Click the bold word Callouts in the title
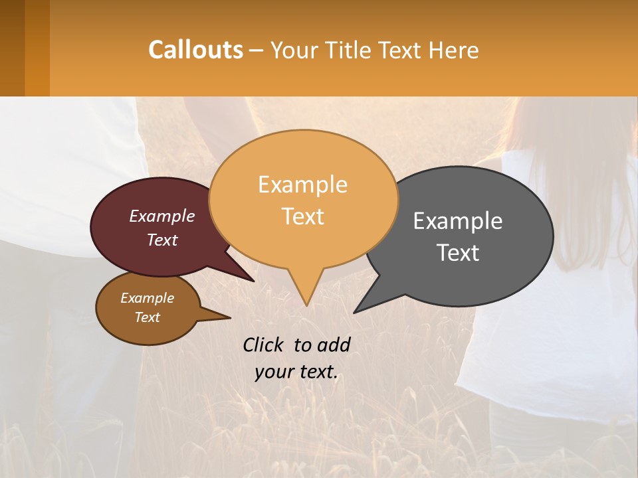click(x=195, y=50)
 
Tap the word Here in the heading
click(x=453, y=50)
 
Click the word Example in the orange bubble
click(x=302, y=185)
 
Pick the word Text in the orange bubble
click(x=303, y=216)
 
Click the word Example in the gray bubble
click(x=458, y=221)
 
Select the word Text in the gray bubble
click(x=459, y=253)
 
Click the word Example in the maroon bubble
click(x=162, y=216)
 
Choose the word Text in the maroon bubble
click(x=162, y=240)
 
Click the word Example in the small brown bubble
click(x=148, y=298)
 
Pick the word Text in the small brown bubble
click(x=148, y=317)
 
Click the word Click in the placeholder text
click(x=264, y=345)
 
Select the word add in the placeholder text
click(x=334, y=345)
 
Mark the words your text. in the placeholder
click(x=296, y=372)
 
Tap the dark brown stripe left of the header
click(x=12, y=48)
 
